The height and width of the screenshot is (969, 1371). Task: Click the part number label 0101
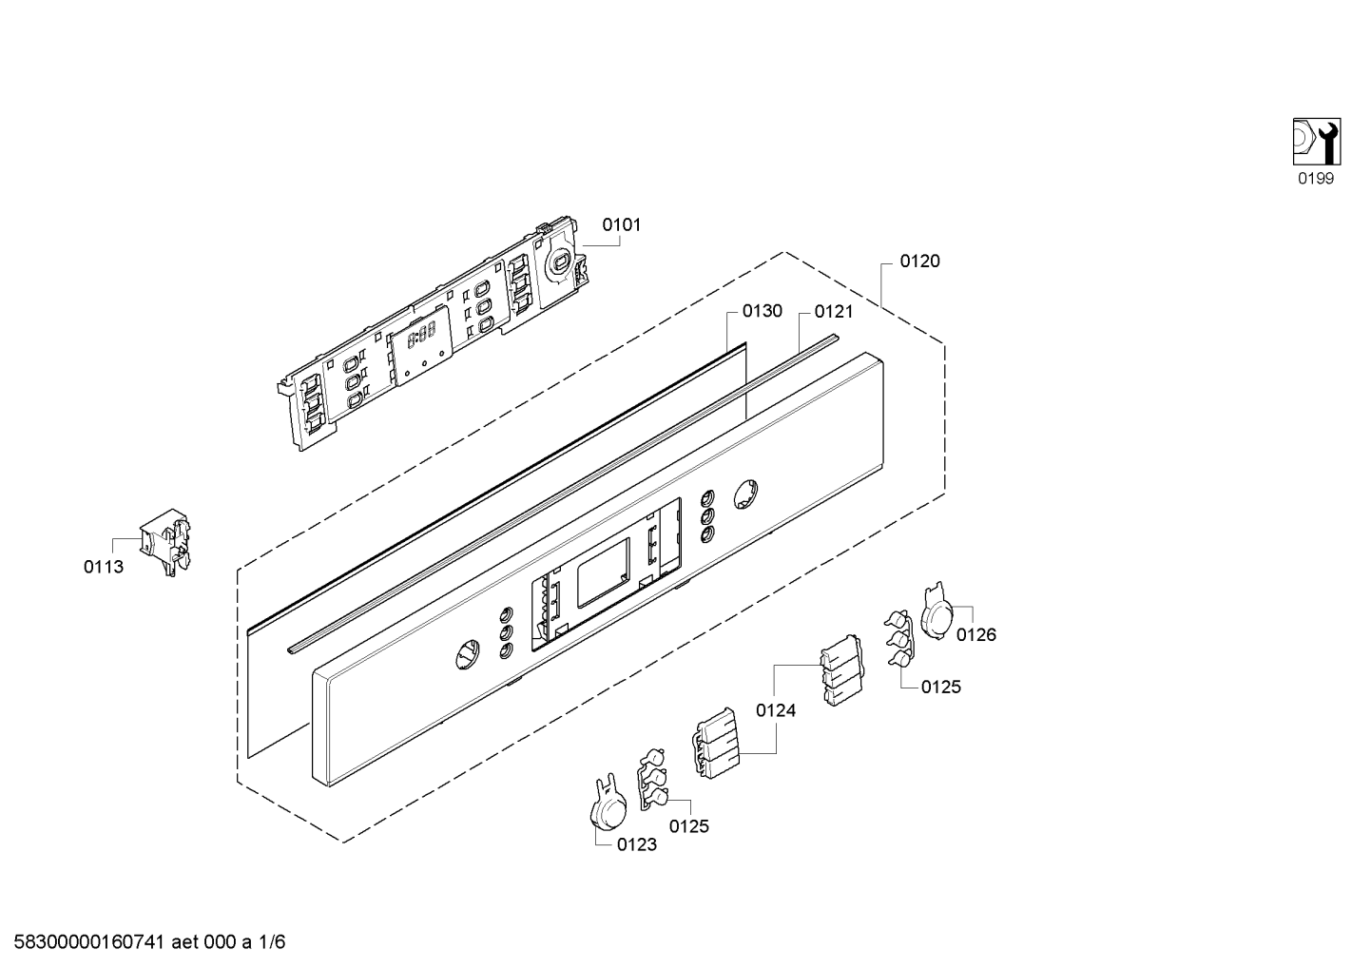(621, 225)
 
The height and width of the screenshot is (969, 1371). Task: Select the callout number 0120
(919, 262)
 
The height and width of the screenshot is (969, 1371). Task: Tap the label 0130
(762, 312)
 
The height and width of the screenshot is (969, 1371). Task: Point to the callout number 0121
(833, 312)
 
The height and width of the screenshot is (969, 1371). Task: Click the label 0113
(104, 568)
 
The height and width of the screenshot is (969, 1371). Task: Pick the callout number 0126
(976, 635)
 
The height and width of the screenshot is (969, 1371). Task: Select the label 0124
(776, 710)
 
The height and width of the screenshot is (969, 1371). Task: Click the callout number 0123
(637, 845)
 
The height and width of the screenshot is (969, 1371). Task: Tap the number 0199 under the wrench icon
(1316, 179)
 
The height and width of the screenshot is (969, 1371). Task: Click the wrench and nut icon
(1317, 142)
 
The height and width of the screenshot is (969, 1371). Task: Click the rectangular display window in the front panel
(604, 572)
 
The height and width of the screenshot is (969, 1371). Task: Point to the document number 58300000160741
(89, 942)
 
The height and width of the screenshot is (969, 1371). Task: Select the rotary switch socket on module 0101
(558, 262)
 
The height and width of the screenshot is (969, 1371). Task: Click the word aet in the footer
(184, 942)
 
